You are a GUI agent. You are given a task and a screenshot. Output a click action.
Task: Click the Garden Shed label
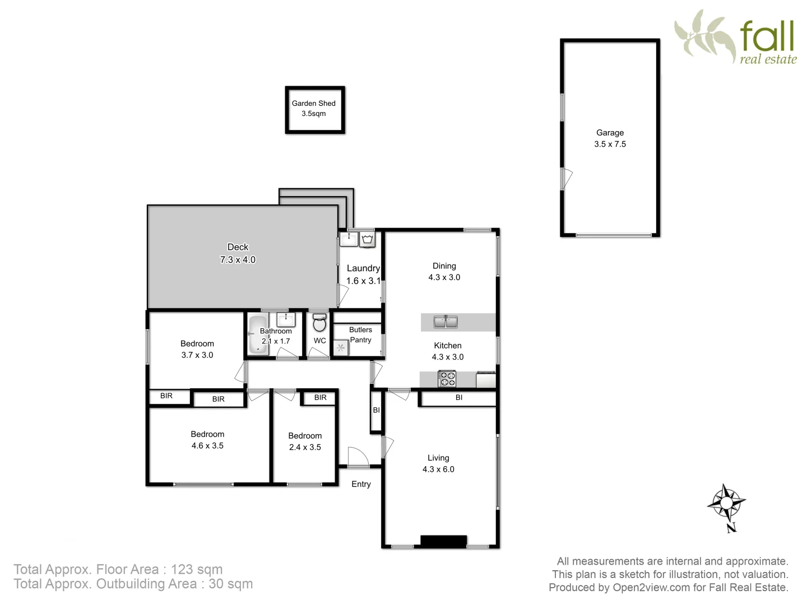313,103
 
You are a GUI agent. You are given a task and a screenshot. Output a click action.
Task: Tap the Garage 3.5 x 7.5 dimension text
610,144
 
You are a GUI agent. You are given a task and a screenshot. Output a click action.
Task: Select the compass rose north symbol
726,502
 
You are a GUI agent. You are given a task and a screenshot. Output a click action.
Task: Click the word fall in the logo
766,36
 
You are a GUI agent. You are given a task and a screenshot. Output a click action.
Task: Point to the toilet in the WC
319,323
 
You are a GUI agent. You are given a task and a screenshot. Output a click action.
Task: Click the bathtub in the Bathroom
258,335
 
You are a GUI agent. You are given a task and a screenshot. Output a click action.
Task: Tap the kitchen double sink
446,322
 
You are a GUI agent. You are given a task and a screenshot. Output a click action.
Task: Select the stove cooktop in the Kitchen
447,379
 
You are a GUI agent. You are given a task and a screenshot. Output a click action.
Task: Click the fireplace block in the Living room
443,541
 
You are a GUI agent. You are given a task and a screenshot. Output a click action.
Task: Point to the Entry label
361,484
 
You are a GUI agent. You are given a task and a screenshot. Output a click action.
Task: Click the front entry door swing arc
358,455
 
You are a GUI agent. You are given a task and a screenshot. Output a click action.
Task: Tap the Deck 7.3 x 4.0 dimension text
238,260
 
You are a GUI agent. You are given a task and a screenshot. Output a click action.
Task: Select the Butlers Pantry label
360,334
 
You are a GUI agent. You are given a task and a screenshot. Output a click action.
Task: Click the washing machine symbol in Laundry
368,240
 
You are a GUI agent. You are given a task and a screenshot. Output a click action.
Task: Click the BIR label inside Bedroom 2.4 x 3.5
320,398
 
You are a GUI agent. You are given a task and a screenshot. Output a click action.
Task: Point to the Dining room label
444,266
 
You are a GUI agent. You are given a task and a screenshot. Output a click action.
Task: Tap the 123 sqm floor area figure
197,569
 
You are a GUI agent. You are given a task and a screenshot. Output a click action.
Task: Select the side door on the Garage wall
565,179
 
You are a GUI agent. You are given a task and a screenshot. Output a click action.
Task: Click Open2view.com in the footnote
651,588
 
